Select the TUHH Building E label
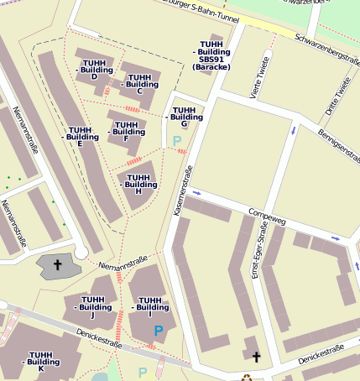81,137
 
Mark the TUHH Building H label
138,184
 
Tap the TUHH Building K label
42,362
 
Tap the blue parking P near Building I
159,331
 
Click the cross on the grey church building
58,265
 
